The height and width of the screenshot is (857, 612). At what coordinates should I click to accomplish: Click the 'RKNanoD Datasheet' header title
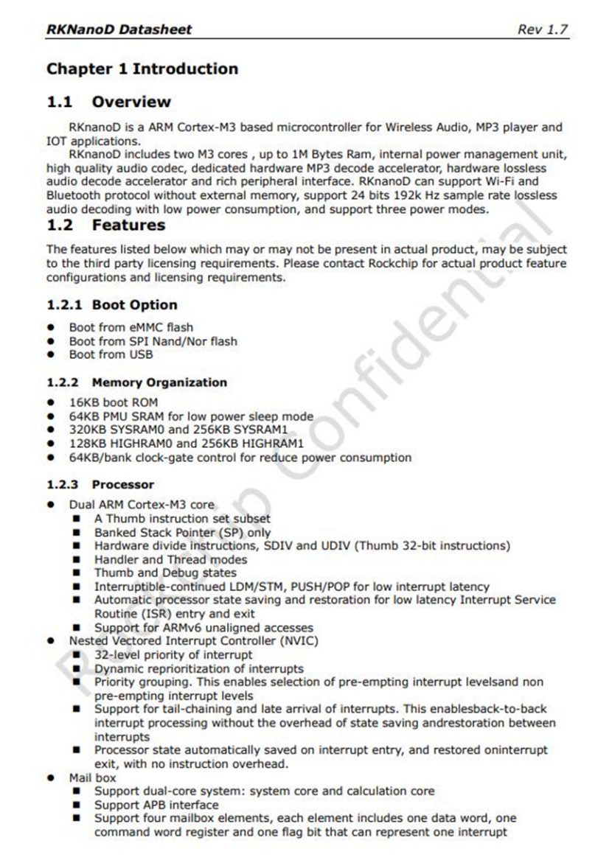click(119, 29)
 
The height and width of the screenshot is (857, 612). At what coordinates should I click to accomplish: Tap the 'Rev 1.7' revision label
click(543, 29)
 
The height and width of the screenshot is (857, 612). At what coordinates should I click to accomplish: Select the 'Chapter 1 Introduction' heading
click(142, 69)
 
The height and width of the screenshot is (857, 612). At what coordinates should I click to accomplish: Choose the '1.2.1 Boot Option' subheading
click(112, 305)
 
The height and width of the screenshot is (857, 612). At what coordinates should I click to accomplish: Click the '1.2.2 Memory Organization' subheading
click(136, 382)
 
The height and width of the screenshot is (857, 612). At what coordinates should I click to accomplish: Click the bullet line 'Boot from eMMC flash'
click(131, 327)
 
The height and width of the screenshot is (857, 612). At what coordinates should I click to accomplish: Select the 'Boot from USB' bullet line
click(111, 354)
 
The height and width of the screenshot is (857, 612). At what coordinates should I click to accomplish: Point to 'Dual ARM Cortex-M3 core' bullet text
click(142, 505)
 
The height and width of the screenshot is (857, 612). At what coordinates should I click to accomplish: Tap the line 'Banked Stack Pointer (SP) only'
click(182, 532)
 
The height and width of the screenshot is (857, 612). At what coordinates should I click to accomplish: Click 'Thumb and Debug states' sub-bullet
click(165, 573)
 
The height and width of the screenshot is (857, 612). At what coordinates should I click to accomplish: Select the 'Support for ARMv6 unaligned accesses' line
click(204, 628)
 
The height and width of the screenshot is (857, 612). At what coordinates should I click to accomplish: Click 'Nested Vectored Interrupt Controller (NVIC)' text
click(194, 641)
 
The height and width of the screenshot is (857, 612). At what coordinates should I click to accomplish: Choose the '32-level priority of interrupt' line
click(173, 654)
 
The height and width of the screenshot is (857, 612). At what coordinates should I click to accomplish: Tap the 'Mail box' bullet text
click(93, 777)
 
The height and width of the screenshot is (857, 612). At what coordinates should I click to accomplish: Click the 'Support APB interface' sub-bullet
click(156, 805)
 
